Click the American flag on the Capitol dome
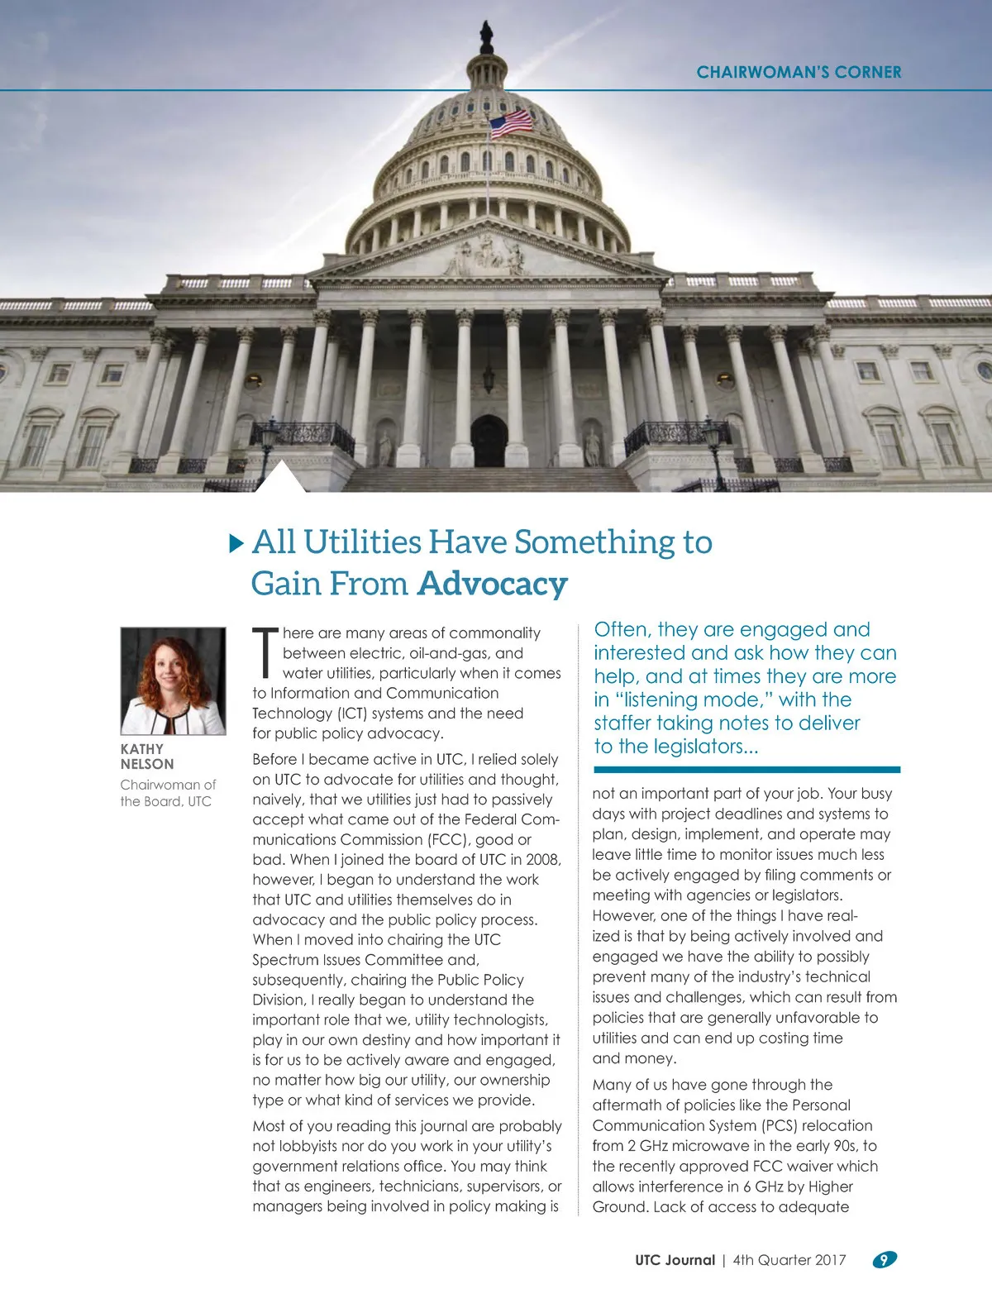pos(512,124)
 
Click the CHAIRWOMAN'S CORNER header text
pos(799,72)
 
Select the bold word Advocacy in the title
pos(493,584)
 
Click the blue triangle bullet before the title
pos(236,543)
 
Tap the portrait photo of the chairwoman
pos(173,681)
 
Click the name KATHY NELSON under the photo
pos(146,757)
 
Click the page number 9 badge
pos(884,1259)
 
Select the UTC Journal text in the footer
pos(675,1260)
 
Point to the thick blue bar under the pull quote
pos(746,770)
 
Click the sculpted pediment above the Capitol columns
pos(488,253)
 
